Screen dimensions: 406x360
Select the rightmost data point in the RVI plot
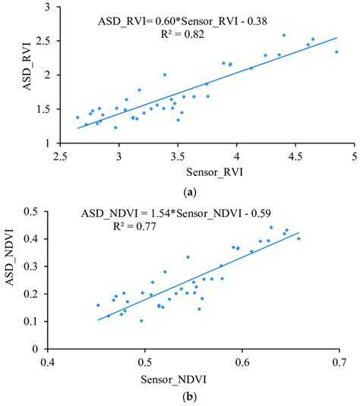(336, 52)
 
